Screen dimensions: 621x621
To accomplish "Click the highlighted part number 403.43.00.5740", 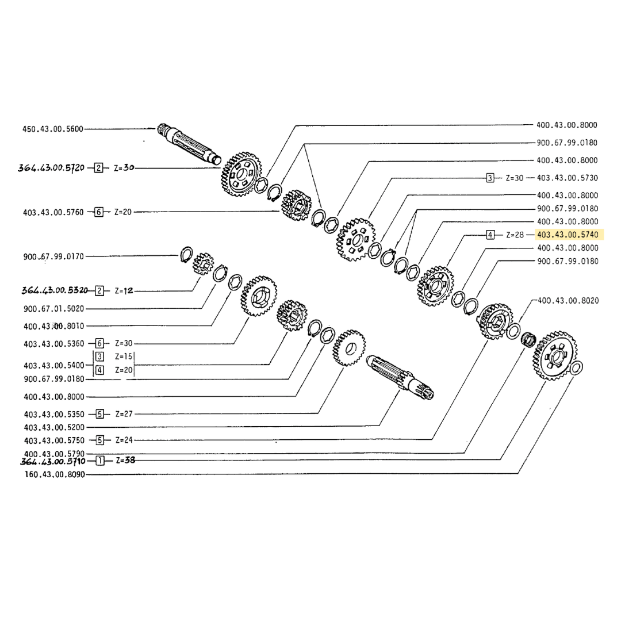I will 567,235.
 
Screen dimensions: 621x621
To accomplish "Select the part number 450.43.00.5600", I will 53,129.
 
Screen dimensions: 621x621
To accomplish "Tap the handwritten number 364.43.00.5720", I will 53,168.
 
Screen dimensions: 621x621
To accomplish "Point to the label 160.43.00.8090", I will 54,475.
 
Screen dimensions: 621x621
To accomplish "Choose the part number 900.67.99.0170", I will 53,256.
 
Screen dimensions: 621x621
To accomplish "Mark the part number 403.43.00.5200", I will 54,427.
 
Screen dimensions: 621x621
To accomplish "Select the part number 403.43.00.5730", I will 567,178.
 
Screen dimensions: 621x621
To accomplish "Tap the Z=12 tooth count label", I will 124,291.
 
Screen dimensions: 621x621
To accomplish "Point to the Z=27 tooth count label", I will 124,414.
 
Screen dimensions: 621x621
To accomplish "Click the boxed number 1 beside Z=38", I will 101,461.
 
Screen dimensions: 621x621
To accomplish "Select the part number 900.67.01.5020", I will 54,309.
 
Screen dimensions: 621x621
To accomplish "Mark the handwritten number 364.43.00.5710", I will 53,461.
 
